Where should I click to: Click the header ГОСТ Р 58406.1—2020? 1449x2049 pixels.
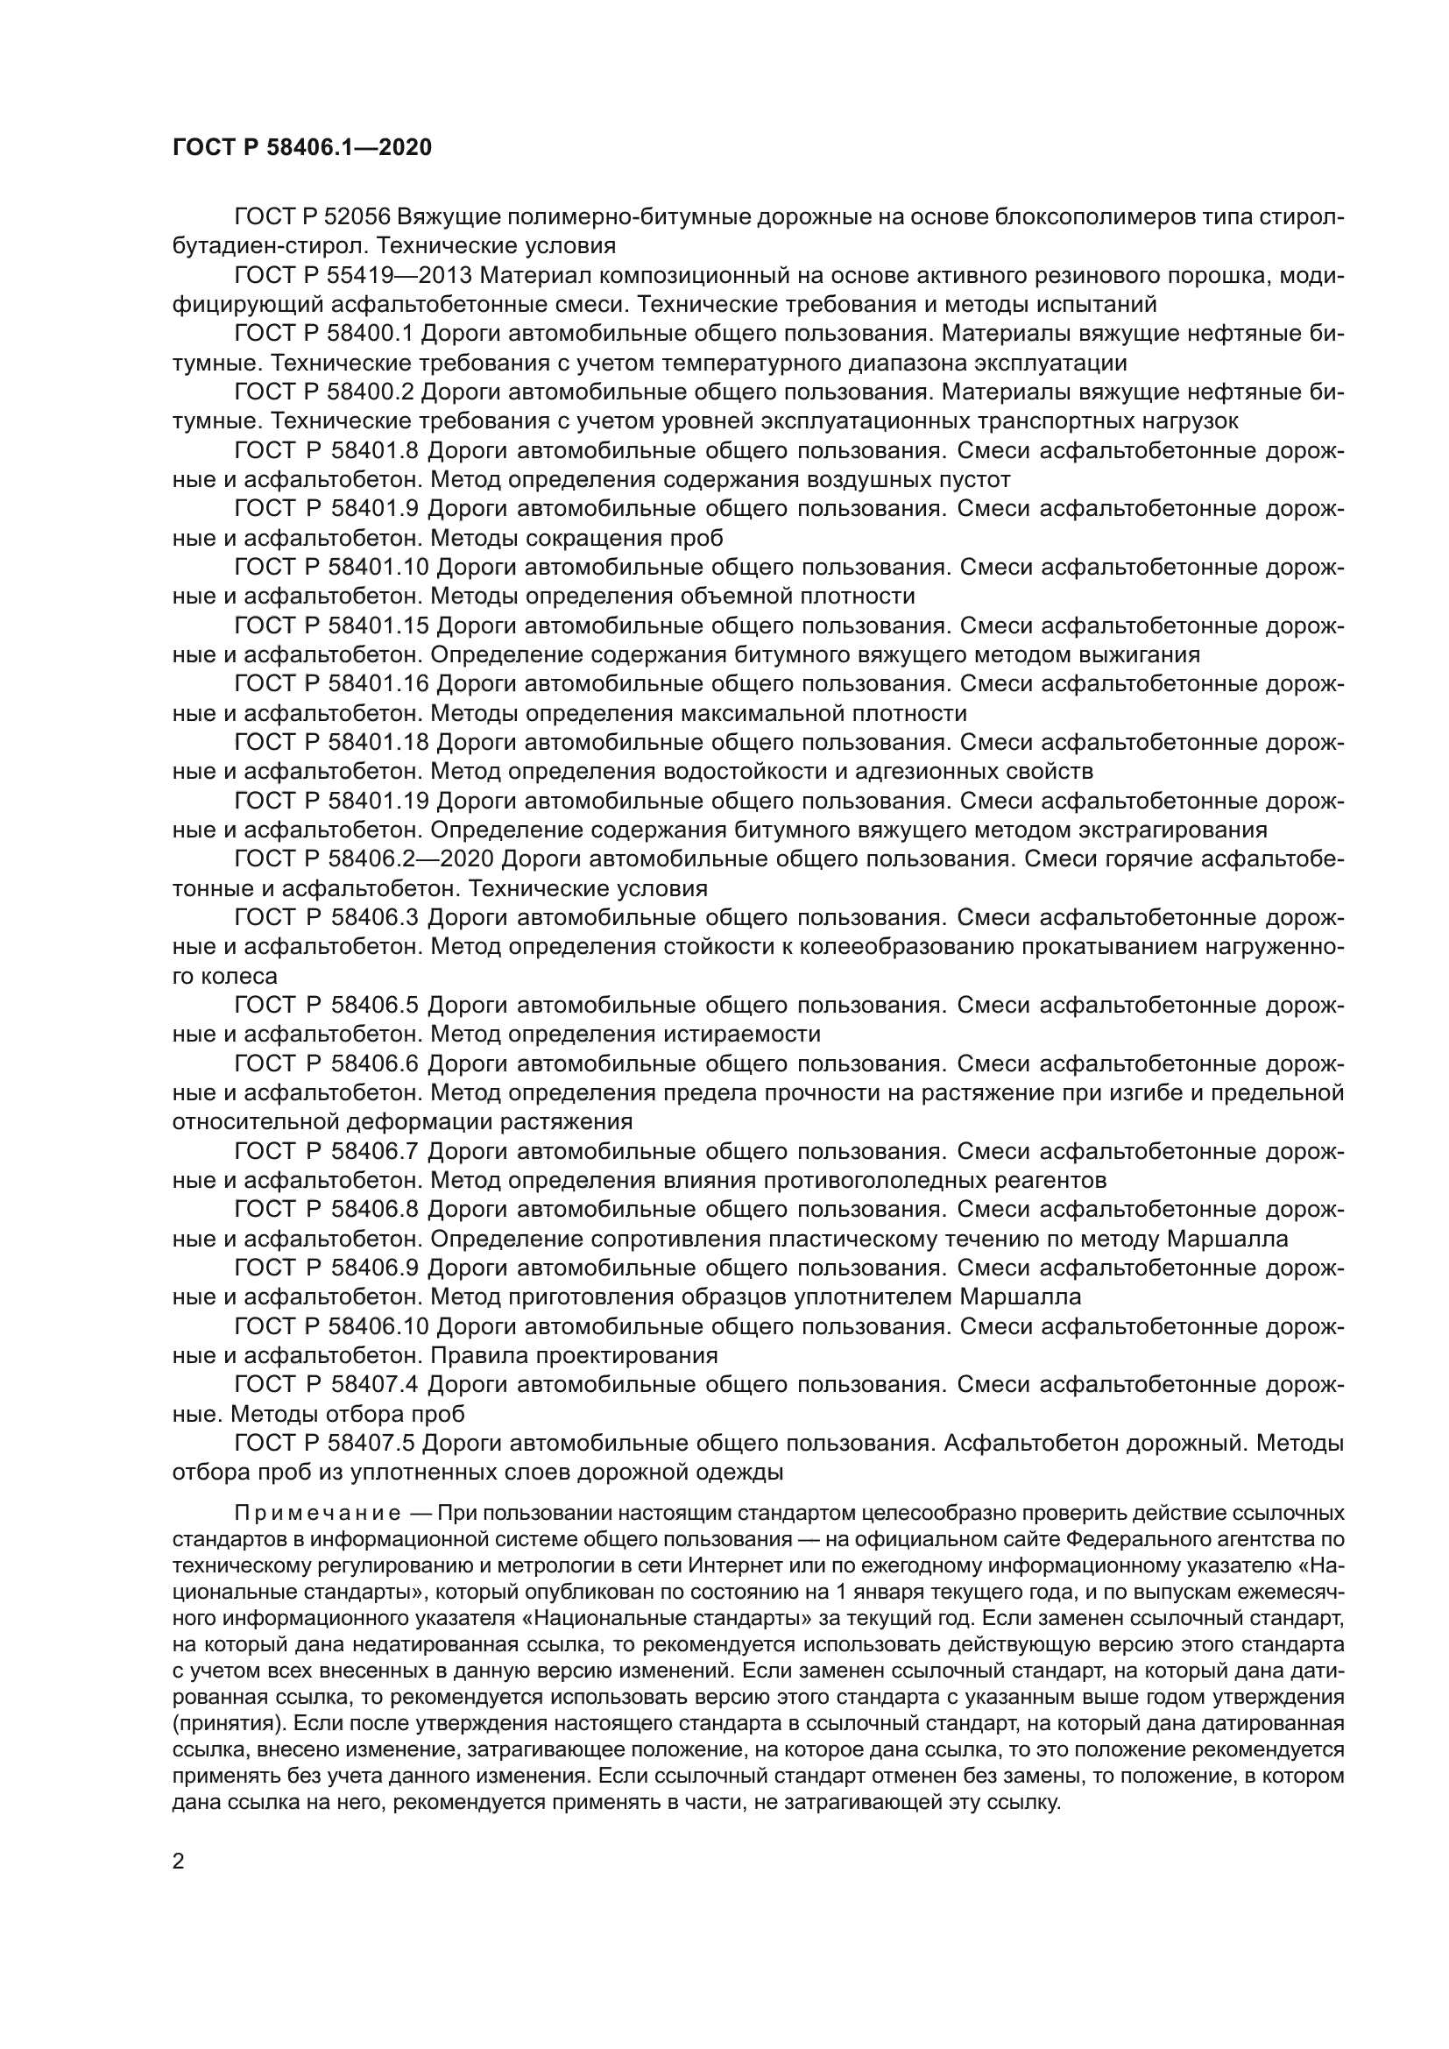[x=301, y=148]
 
